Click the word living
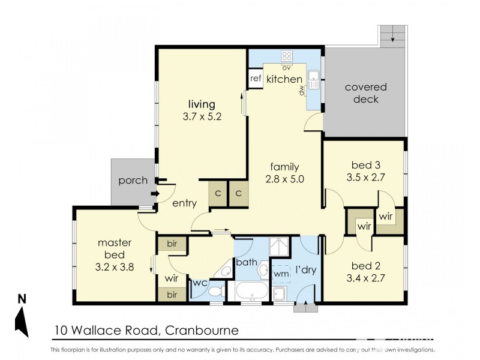coord(201,104)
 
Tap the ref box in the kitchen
coord(256,79)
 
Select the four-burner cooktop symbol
coord(287,56)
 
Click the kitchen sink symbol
coord(313,78)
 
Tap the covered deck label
coord(365,93)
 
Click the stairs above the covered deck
coord(392,36)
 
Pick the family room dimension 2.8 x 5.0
coord(284,178)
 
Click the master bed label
coord(114,248)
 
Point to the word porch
coord(133,180)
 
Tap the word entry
coord(184,203)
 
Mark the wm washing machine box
coord(281,274)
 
